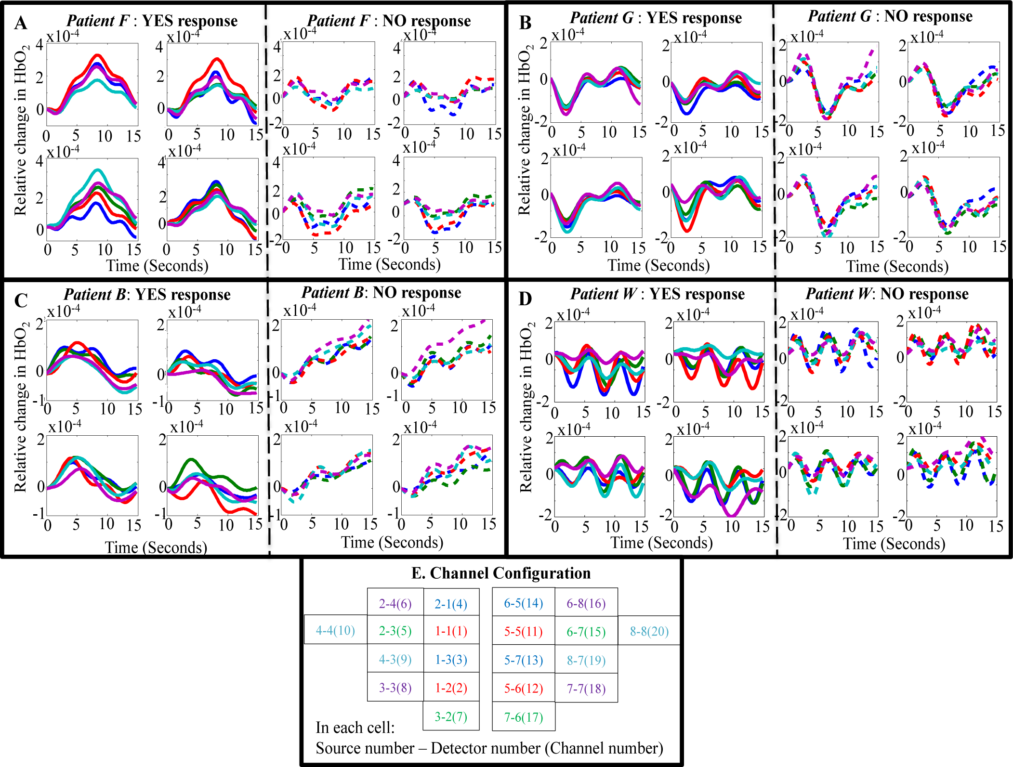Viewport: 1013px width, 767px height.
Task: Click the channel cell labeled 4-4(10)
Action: pyautogui.click(x=335, y=630)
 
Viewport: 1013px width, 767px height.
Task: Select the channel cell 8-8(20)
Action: pyautogui.click(x=649, y=631)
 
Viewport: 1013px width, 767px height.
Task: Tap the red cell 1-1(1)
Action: pyautogui.click(x=451, y=631)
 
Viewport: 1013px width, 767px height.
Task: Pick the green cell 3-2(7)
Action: pyautogui.click(x=451, y=716)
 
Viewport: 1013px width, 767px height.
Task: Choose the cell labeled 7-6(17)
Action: pyautogui.click(x=524, y=717)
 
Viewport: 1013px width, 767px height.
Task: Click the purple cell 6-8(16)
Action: pyautogui.click(x=586, y=603)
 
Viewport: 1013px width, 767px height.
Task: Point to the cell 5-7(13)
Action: pyautogui.click(x=524, y=660)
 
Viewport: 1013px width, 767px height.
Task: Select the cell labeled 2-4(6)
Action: pyautogui.click(x=395, y=603)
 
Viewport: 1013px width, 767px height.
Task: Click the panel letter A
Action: pyautogui.click(x=20, y=23)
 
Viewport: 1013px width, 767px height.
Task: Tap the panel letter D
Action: pyautogui.click(x=525, y=299)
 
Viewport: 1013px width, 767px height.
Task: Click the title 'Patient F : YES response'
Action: pyautogui.click(x=152, y=21)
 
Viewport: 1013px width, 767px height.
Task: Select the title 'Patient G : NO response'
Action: pyautogui.click(x=890, y=16)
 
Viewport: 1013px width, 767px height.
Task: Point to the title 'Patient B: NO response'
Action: pyautogui.click(x=382, y=293)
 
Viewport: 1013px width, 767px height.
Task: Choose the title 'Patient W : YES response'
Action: pyautogui.click(x=658, y=294)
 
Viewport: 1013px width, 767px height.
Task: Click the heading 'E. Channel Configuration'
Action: pyautogui.click(x=501, y=573)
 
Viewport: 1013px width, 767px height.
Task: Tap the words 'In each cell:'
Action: pyautogui.click(x=355, y=727)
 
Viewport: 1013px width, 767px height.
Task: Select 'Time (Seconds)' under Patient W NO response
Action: pyautogui.click(x=894, y=544)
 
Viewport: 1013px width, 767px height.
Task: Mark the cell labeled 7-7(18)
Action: pyautogui.click(x=586, y=688)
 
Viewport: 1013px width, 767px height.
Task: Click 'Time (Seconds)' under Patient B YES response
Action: pyautogui.click(x=156, y=547)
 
